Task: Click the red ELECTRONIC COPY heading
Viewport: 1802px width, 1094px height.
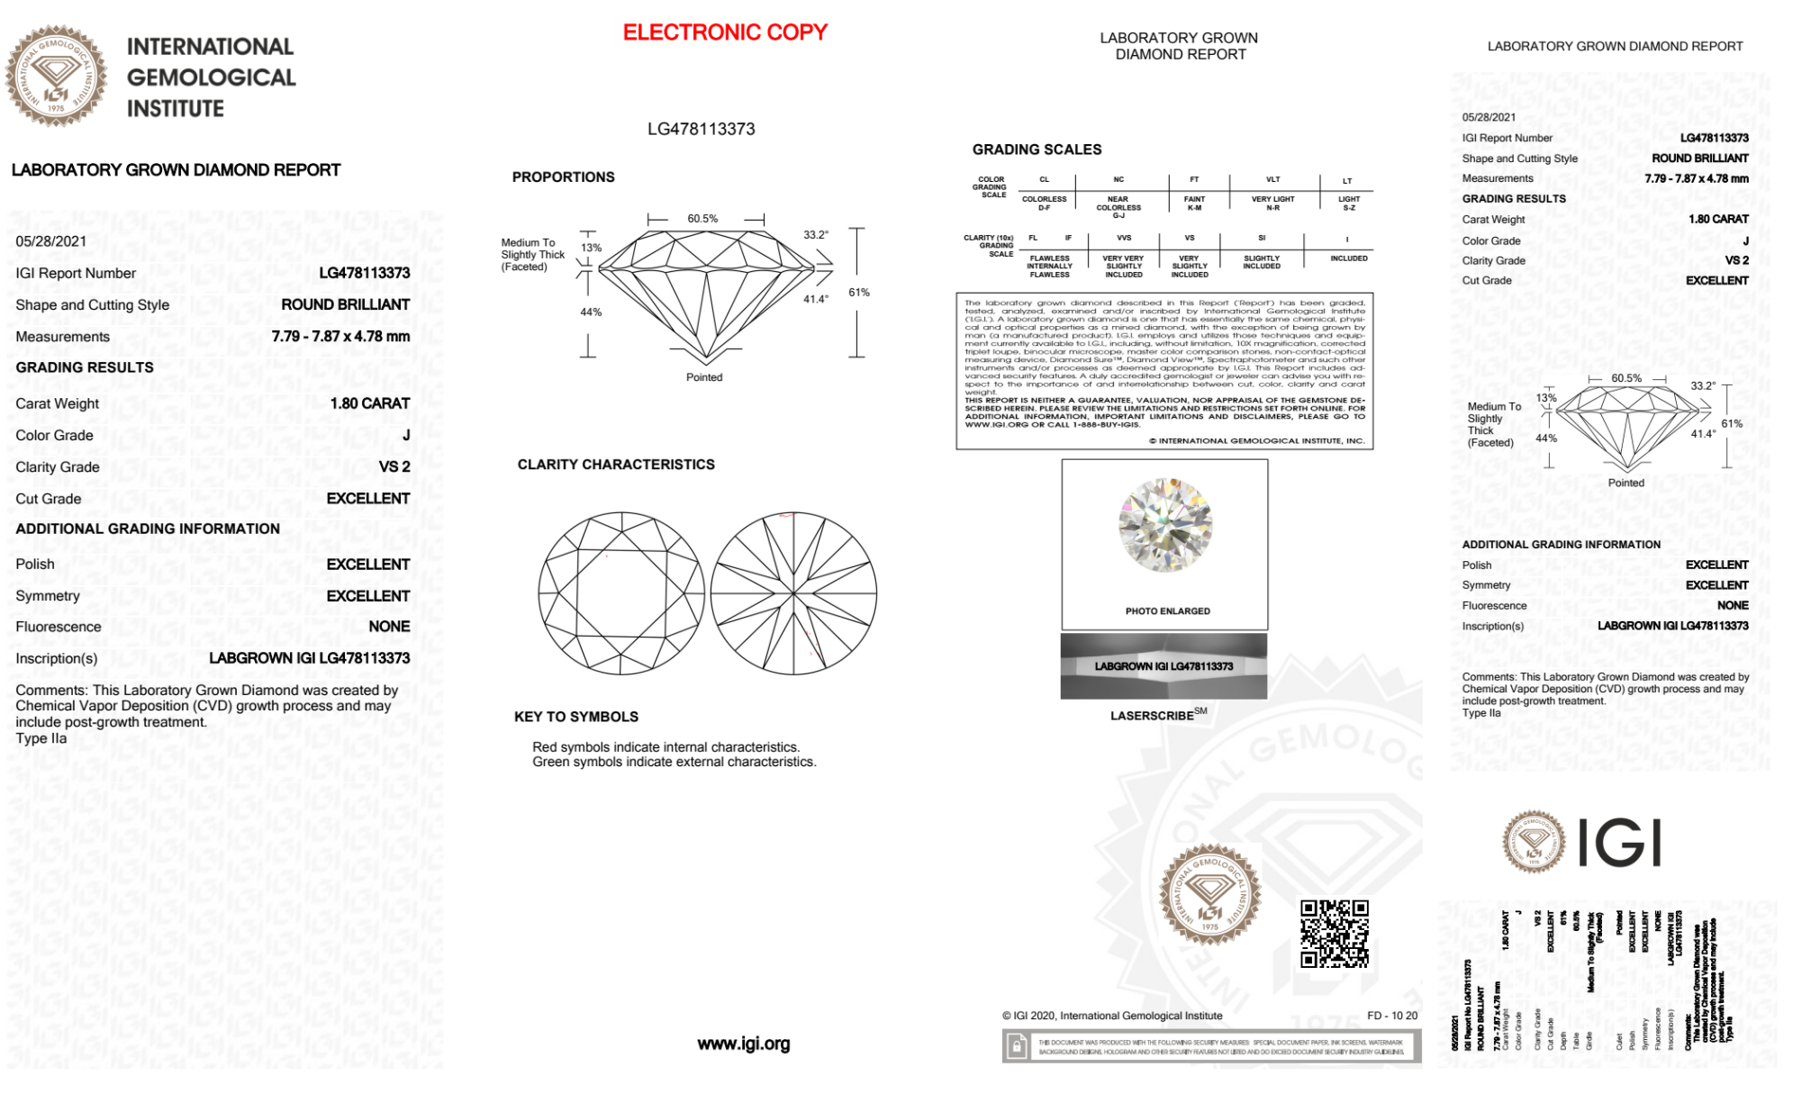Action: [x=725, y=32]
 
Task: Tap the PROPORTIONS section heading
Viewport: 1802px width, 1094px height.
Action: [x=563, y=177]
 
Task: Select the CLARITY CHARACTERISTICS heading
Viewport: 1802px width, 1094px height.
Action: [x=616, y=465]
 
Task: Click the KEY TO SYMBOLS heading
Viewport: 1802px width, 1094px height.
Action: [x=576, y=717]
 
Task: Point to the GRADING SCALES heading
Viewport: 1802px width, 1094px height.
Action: [x=1037, y=149]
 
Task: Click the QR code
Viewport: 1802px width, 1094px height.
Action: [x=1334, y=933]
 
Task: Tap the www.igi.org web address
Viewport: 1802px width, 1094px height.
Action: [x=743, y=1044]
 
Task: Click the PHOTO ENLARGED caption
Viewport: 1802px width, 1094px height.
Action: [x=1167, y=611]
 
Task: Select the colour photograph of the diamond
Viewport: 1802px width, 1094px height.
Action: [x=1165, y=525]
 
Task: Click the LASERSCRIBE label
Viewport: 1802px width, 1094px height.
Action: [x=1153, y=716]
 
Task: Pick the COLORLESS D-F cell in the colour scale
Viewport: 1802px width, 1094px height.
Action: [x=1044, y=203]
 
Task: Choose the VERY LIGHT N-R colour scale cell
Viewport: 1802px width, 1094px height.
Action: [x=1272, y=203]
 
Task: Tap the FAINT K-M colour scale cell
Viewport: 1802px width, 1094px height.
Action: [x=1194, y=203]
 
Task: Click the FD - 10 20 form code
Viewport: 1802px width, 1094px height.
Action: [x=1391, y=1016]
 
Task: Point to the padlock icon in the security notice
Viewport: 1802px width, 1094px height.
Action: [x=1017, y=1047]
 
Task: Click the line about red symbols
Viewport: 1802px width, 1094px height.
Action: [x=666, y=747]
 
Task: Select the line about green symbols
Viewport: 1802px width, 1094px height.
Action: [x=674, y=763]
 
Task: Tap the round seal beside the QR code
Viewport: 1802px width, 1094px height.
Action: [x=1209, y=894]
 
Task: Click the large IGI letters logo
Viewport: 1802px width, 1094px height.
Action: [x=1620, y=843]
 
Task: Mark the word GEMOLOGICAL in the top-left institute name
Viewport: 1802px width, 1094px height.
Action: [x=212, y=77]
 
